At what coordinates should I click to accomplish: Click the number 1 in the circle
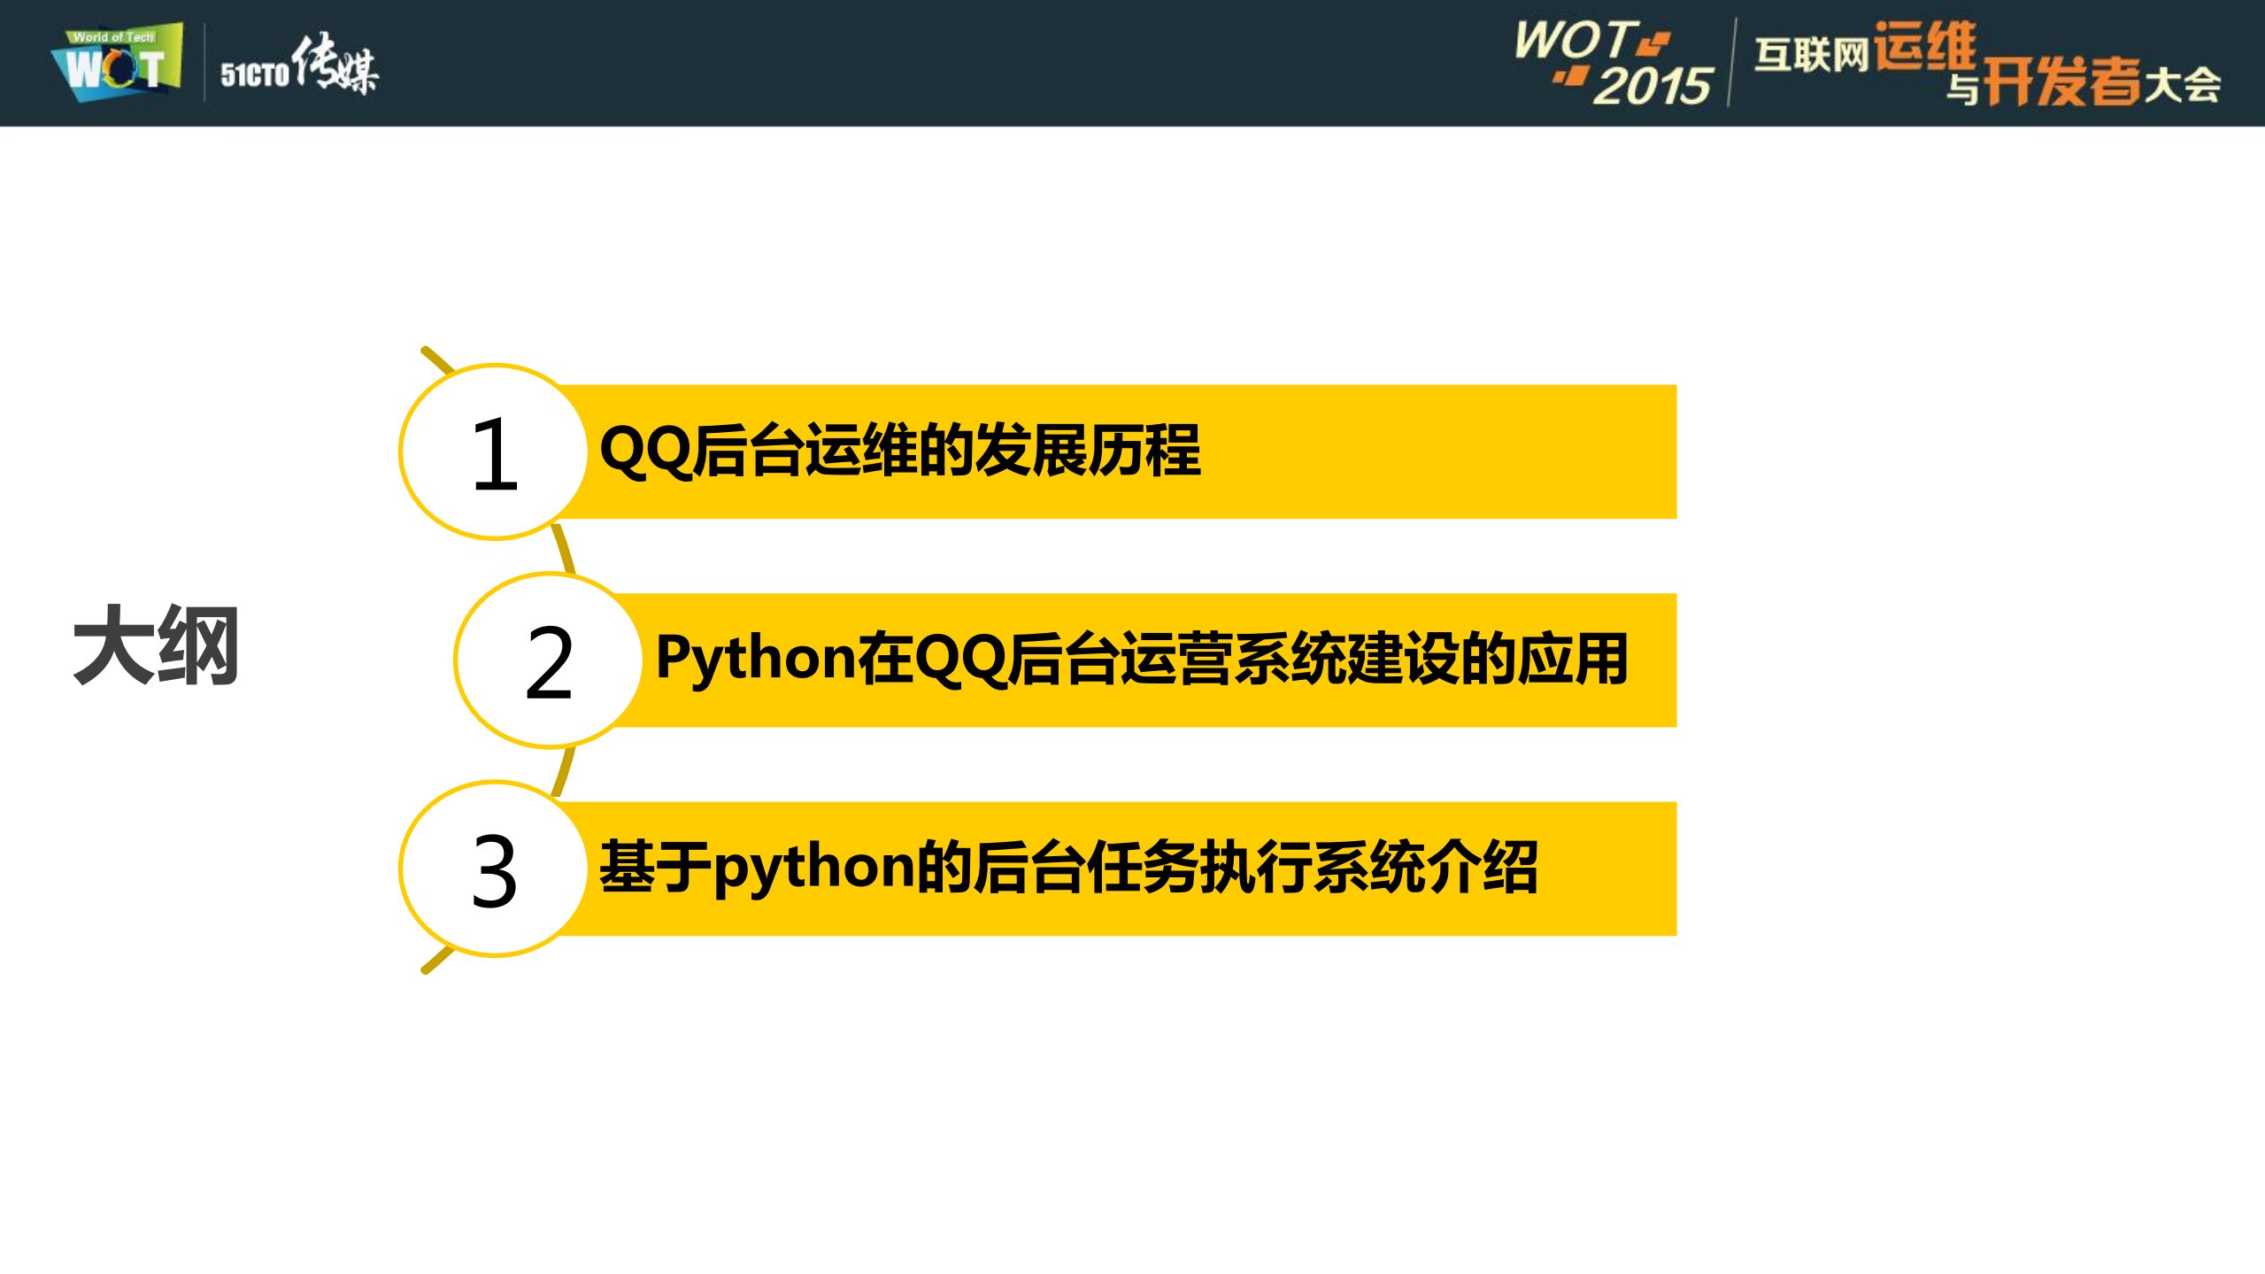[495, 454]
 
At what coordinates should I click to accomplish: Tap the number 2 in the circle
[549, 662]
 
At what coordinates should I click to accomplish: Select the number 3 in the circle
[494, 871]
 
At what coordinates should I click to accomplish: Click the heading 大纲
[156, 646]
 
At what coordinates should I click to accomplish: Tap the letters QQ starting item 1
[645, 452]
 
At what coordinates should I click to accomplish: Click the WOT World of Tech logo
[118, 63]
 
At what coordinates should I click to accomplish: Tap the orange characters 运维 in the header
[1925, 46]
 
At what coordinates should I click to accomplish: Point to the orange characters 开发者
[2061, 82]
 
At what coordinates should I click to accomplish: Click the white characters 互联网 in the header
[1811, 55]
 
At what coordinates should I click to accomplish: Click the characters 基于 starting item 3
[656, 869]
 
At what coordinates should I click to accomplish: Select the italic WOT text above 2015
[1575, 41]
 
